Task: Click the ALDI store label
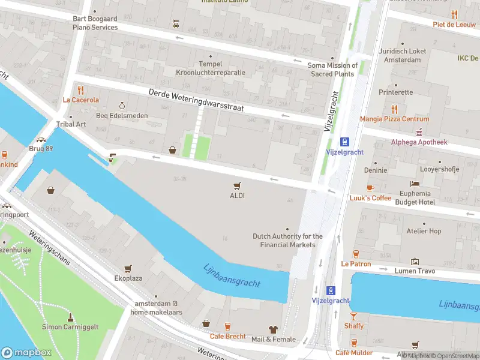tap(237, 196)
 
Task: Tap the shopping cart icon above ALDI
tap(237, 185)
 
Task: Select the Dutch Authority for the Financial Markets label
tap(287, 241)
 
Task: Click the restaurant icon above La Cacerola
tap(80, 90)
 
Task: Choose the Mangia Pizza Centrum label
tap(394, 119)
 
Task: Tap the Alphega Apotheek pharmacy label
tap(419, 142)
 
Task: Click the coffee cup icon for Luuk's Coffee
tap(370, 188)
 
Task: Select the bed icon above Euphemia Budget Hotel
tap(414, 184)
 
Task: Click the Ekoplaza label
tap(128, 278)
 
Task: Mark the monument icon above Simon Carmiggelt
tap(71, 316)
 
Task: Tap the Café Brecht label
tap(227, 337)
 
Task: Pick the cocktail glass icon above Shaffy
tap(354, 316)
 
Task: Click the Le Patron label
tap(356, 264)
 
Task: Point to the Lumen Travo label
tap(414, 271)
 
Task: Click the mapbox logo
tap(26, 353)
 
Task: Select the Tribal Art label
tap(71, 124)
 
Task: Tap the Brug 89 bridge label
tap(41, 148)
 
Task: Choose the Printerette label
tap(395, 92)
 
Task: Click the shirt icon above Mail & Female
tap(274, 329)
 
